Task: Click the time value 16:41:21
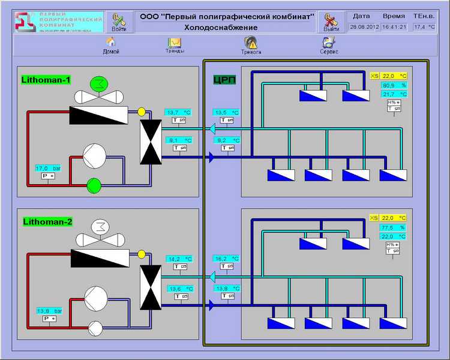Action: point(394,27)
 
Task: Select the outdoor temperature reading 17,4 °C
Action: point(424,27)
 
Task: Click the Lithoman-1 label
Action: point(46,79)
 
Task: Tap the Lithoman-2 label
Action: point(47,221)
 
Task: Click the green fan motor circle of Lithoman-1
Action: point(97,83)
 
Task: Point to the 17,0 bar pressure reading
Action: point(49,168)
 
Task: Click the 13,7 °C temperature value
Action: point(178,112)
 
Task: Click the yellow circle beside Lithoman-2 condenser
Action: point(142,254)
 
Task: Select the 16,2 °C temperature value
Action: point(226,259)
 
